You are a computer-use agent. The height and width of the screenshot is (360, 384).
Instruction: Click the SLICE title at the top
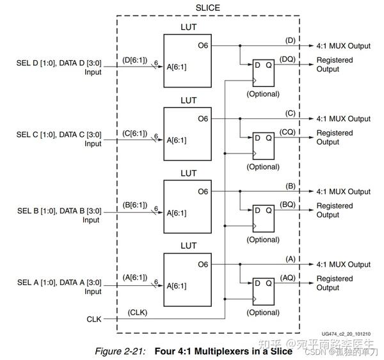(x=207, y=7)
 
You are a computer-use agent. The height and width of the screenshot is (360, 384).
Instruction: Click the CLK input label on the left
(x=94, y=318)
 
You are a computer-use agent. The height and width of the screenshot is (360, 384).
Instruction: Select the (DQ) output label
(x=287, y=58)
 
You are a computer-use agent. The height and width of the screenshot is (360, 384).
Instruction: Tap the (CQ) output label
(x=287, y=131)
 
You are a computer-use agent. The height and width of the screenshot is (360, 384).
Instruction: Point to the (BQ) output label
(x=287, y=204)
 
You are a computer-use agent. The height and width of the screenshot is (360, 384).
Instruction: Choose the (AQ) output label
(x=287, y=277)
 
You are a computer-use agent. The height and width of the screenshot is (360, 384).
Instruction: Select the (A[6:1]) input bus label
(x=134, y=278)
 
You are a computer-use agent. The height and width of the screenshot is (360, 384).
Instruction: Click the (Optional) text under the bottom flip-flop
(x=262, y=313)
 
